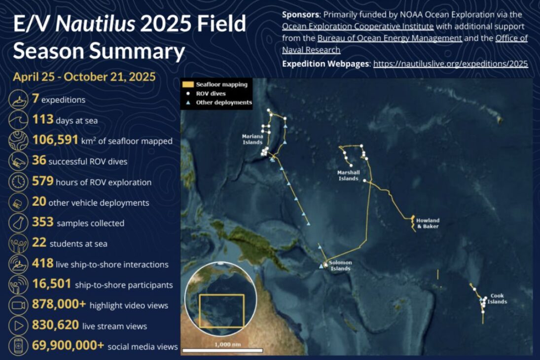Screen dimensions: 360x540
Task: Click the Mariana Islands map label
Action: (x=252, y=139)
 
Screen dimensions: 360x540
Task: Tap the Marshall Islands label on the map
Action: (x=348, y=176)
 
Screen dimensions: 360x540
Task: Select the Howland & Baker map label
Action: (x=428, y=223)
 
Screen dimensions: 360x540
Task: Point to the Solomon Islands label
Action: (x=340, y=266)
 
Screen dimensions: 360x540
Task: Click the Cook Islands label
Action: (x=497, y=299)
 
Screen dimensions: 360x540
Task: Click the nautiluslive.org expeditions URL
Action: (x=450, y=64)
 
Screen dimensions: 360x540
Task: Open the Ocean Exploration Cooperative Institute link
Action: (x=358, y=26)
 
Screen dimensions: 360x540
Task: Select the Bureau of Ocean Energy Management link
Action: (x=390, y=38)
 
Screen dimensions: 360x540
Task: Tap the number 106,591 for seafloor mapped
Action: (x=55, y=141)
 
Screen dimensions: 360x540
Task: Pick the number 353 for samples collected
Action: (x=43, y=223)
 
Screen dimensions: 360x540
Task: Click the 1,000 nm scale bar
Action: (x=222, y=350)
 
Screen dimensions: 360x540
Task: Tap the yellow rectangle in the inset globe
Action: (x=221, y=311)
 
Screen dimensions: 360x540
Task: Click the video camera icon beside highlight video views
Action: (x=18, y=305)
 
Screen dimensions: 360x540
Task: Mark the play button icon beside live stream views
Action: (x=18, y=326)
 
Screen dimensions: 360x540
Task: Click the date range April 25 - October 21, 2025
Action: (x=84, y=77)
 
